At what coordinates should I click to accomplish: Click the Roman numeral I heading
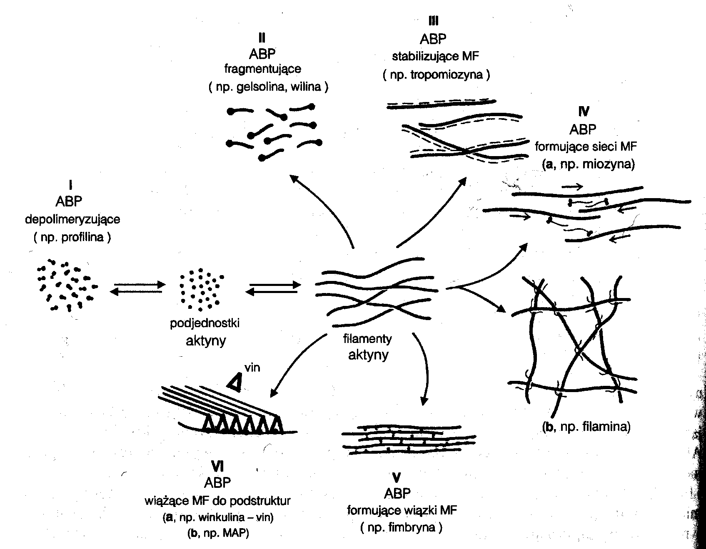(x=70, y=184)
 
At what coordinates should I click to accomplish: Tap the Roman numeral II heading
(x=262, y=38)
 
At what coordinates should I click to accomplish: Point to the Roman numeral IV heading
(x=584, y=111)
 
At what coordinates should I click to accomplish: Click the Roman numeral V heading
(x=397, y=477)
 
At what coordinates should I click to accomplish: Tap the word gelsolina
(x=255, y=87)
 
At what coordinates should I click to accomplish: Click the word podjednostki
(x=205, y=323)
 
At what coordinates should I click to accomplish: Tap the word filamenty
(x=367, y=339)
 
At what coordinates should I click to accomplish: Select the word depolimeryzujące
(x=72, y=219)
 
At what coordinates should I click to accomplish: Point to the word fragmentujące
(x=262, y=69)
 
